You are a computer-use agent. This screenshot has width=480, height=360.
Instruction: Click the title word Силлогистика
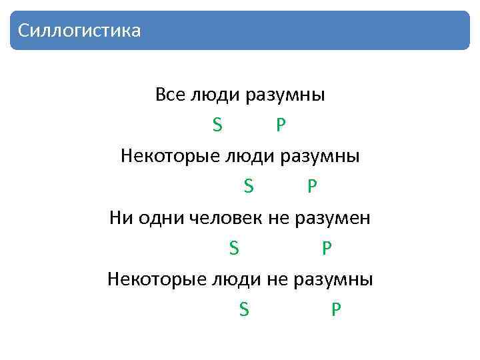point(79,31)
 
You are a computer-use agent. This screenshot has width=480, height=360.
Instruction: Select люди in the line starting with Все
point(216,95)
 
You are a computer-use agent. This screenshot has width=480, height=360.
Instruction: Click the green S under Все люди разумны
point(217,125)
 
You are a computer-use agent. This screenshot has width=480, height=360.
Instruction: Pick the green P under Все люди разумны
point(281,125)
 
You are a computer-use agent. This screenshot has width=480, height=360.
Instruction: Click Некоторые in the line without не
point(160,157)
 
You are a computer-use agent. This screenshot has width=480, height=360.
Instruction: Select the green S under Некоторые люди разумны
point(248,187)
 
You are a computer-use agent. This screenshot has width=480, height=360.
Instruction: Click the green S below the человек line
point(233,249)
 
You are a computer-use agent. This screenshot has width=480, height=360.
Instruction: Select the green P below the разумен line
point(327,249)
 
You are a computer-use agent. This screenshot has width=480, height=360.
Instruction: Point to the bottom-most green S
point(243,310)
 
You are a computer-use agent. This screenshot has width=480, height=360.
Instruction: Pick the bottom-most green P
point(336,310)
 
